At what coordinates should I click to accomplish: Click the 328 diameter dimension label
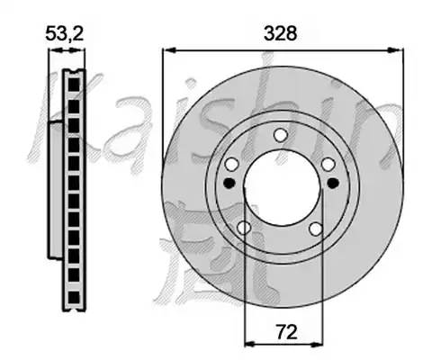pos(280,33)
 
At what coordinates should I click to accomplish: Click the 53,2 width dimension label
pos(64,33)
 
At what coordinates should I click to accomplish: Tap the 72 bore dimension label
pos(286,332)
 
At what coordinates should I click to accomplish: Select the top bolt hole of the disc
pos(281,135)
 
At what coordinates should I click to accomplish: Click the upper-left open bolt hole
pos(232,165)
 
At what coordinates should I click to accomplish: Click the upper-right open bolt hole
pos(328,165)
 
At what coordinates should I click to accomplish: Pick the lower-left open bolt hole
pos(244,228)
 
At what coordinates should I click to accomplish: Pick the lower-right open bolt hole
pos(316,229)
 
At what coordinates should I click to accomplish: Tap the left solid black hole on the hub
pos(229,183)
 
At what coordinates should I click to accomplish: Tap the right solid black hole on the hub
pos(333,183)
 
